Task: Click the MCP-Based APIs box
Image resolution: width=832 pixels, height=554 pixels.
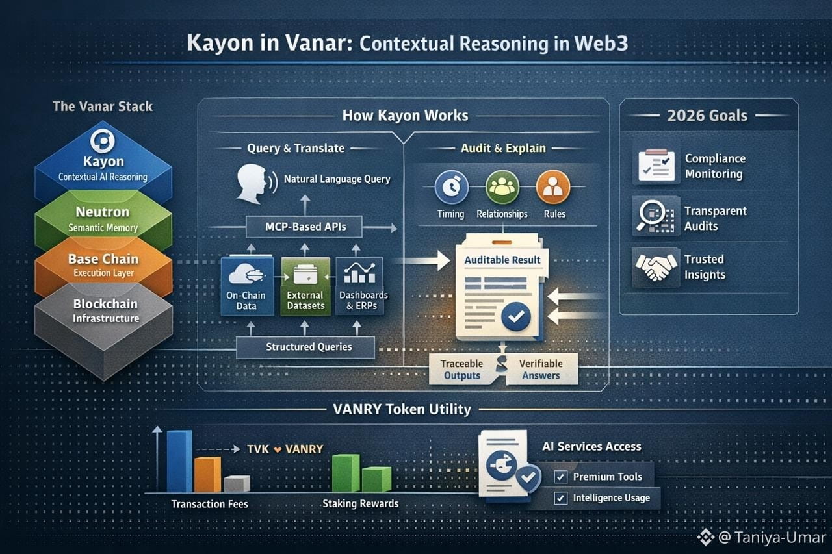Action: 305,227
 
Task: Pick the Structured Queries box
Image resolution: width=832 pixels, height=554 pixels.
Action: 305,347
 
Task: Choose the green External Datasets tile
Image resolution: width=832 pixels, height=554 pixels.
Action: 305,286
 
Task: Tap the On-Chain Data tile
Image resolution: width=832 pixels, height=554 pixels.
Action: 246,286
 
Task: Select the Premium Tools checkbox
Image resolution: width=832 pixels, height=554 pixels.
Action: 560,477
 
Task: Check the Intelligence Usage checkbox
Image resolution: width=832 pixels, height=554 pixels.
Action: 560,498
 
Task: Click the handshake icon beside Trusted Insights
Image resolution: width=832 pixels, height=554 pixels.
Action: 656,267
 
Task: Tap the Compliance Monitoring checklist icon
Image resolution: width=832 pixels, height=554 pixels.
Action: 656,166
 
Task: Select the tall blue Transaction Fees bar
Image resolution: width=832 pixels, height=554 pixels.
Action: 179,460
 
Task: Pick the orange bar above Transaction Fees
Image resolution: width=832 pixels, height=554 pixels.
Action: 207,474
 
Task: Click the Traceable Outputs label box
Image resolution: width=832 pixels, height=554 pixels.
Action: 461,370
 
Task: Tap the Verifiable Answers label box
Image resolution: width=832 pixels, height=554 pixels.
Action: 541,370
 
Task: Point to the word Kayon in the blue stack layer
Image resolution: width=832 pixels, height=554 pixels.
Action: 103,162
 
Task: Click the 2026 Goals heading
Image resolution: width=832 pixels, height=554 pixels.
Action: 707,116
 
